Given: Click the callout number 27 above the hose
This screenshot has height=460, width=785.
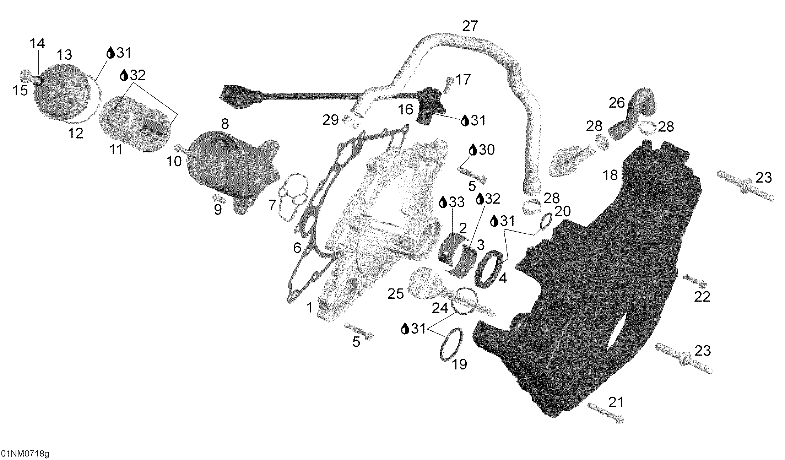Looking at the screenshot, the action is (470, 26).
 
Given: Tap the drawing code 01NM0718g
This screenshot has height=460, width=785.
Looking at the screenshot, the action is (25, 454).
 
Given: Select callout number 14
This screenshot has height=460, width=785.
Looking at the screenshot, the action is (37, 43).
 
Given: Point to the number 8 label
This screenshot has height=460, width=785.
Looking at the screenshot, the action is (225, 124).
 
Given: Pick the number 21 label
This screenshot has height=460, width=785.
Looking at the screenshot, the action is (616, 402).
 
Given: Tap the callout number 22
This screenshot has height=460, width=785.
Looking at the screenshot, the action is (702, 297).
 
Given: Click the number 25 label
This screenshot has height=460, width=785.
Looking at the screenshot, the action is (396, 294).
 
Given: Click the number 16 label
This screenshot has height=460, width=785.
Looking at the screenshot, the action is (405, 110).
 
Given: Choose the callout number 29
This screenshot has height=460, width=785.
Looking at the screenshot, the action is (330, 120).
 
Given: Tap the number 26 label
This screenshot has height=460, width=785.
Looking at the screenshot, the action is (617, 103).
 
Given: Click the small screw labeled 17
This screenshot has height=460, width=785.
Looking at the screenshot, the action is (448, 85).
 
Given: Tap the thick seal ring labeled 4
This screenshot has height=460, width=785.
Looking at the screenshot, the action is (489, 269).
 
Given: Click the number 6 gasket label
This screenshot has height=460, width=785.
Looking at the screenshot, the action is (297, 248).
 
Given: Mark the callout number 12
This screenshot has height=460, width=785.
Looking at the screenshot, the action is (75, 134).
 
